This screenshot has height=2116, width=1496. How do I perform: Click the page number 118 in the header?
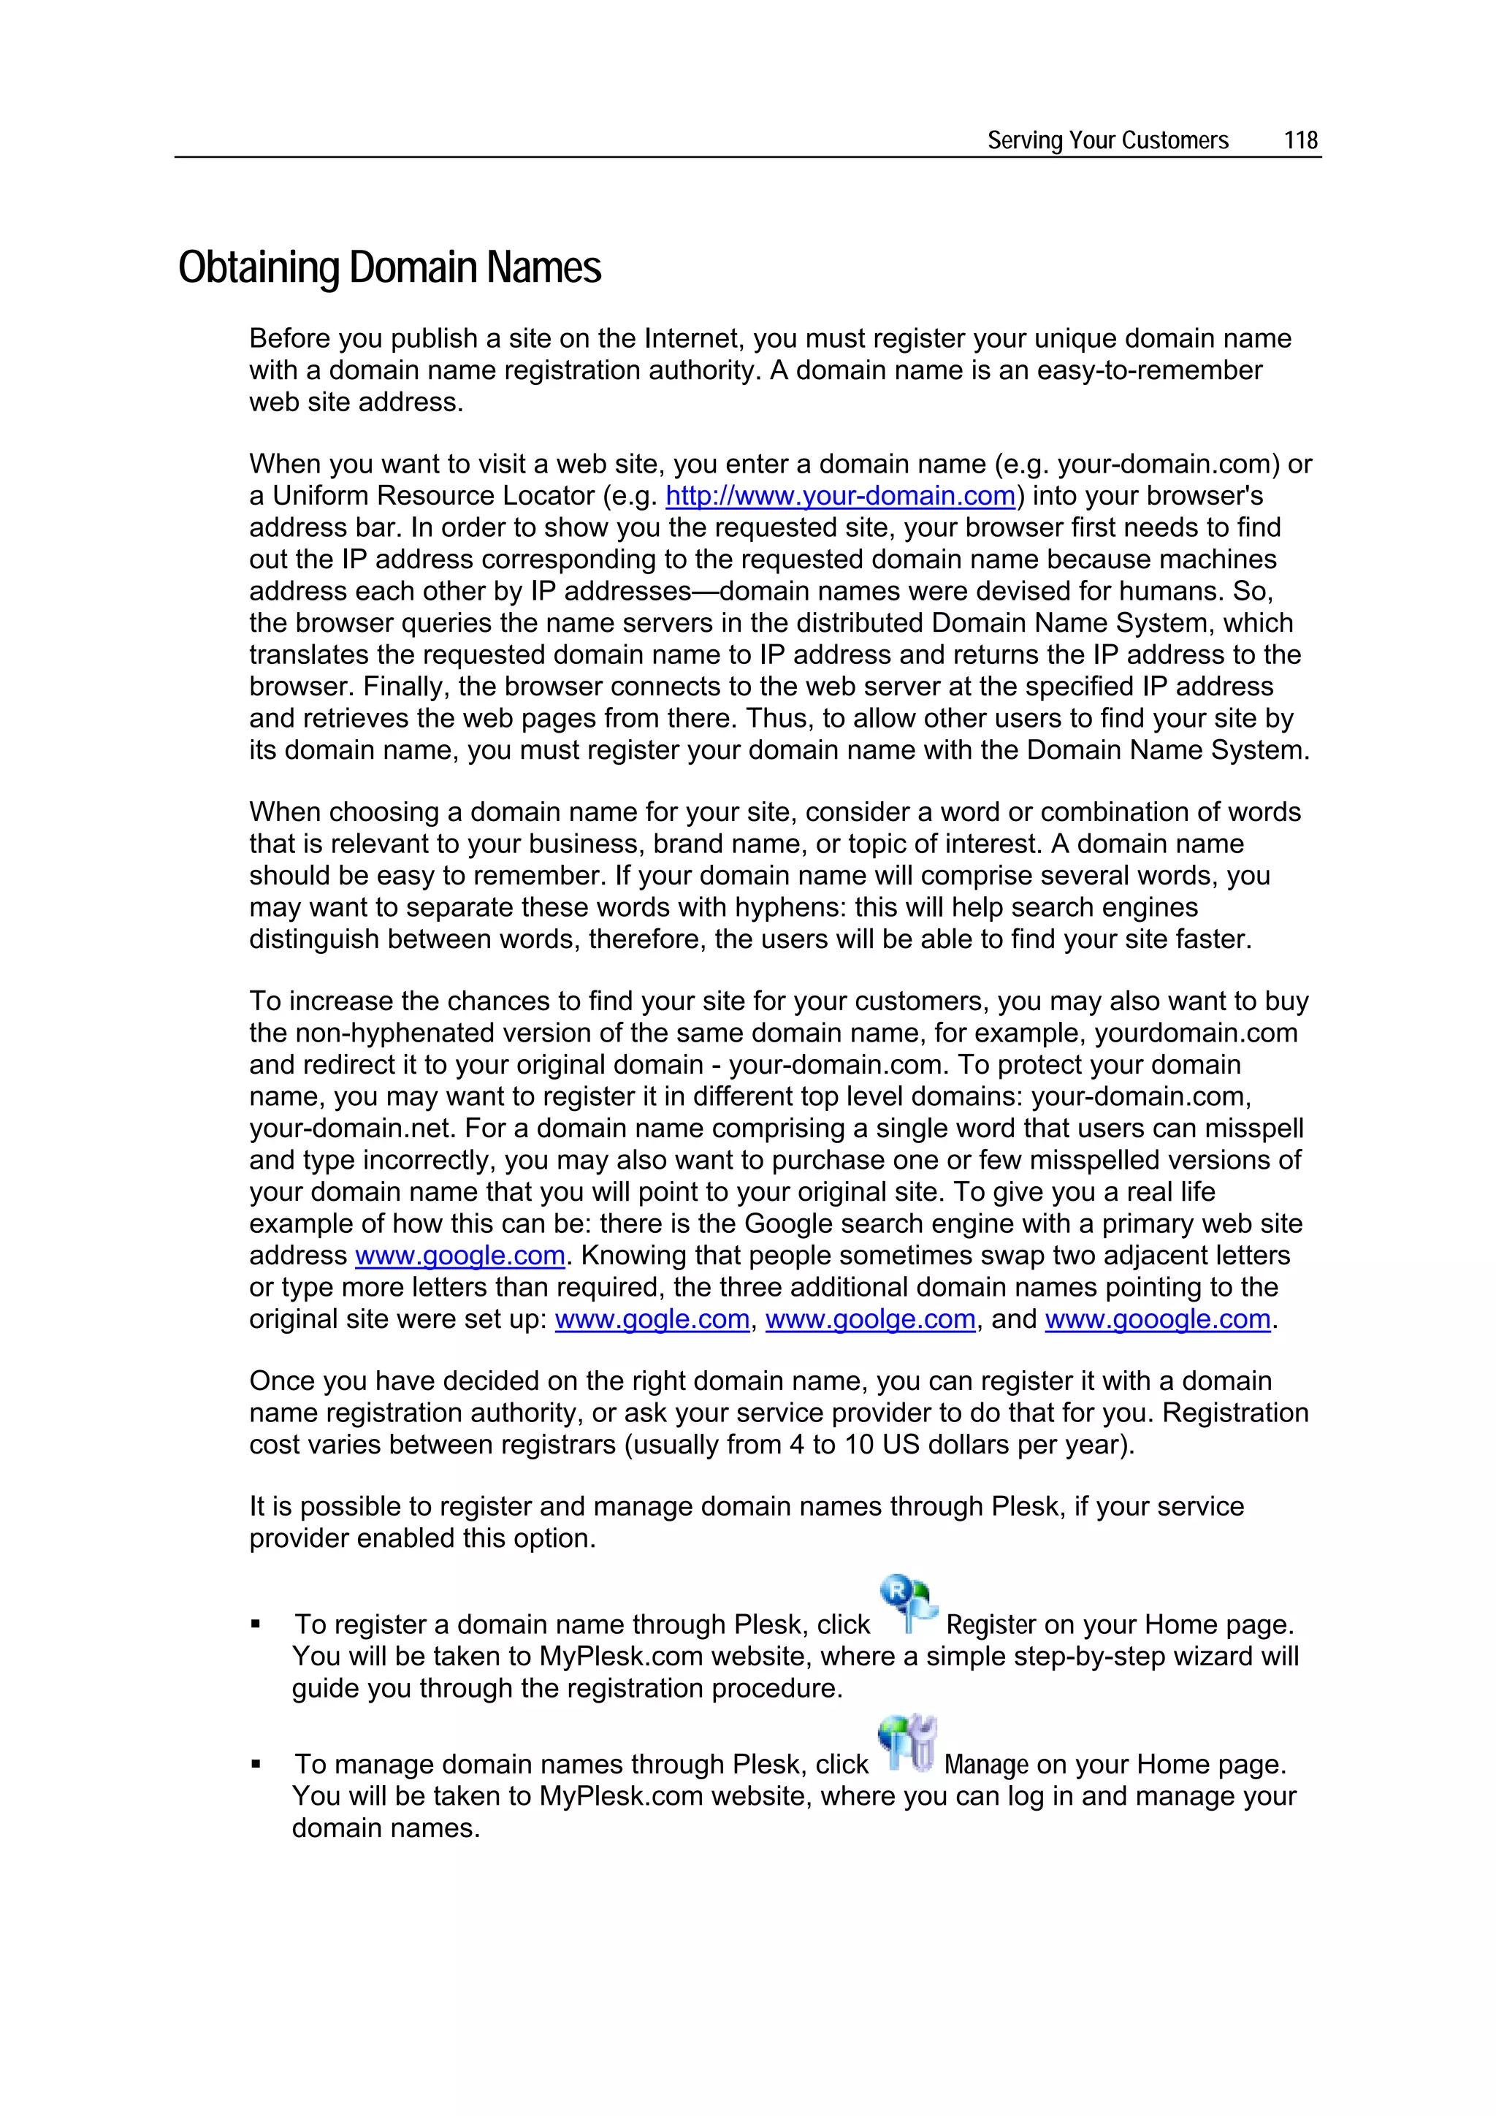click(1300, 140)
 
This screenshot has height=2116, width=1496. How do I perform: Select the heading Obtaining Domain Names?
click(389, 268)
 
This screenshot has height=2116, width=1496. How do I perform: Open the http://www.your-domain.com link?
click(840, 496)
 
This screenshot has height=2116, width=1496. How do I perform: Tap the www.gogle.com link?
click(652, 1319)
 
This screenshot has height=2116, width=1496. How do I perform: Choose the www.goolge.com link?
click(869, 1319)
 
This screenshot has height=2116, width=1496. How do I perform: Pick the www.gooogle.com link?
click(1157, 1319)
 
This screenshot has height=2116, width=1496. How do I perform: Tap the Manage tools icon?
click(907, 1743)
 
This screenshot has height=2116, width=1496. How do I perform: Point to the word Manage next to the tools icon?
click(985, 1764)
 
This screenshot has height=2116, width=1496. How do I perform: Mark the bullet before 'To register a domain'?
click(256, 1624)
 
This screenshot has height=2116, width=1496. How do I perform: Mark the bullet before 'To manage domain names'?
click(256, 1765)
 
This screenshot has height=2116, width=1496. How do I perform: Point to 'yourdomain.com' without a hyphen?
click(1196, 1033)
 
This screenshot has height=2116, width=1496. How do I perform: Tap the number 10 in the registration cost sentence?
click(858, 1444)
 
